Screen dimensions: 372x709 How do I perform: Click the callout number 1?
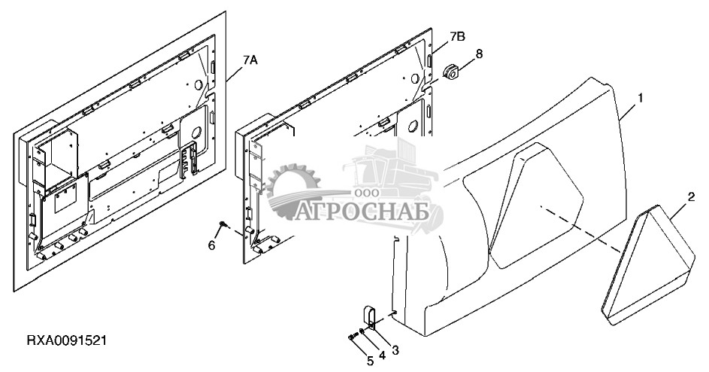[641, 99]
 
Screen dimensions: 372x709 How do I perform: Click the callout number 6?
[211, 245]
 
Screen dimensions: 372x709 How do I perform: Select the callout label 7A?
[250, 61]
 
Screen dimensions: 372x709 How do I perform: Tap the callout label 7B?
[458, 36]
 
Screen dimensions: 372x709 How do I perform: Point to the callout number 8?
[479, 53]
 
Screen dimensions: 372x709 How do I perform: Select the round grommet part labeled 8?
[452, 72]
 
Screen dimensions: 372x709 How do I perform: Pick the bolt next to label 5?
[354, 336]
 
